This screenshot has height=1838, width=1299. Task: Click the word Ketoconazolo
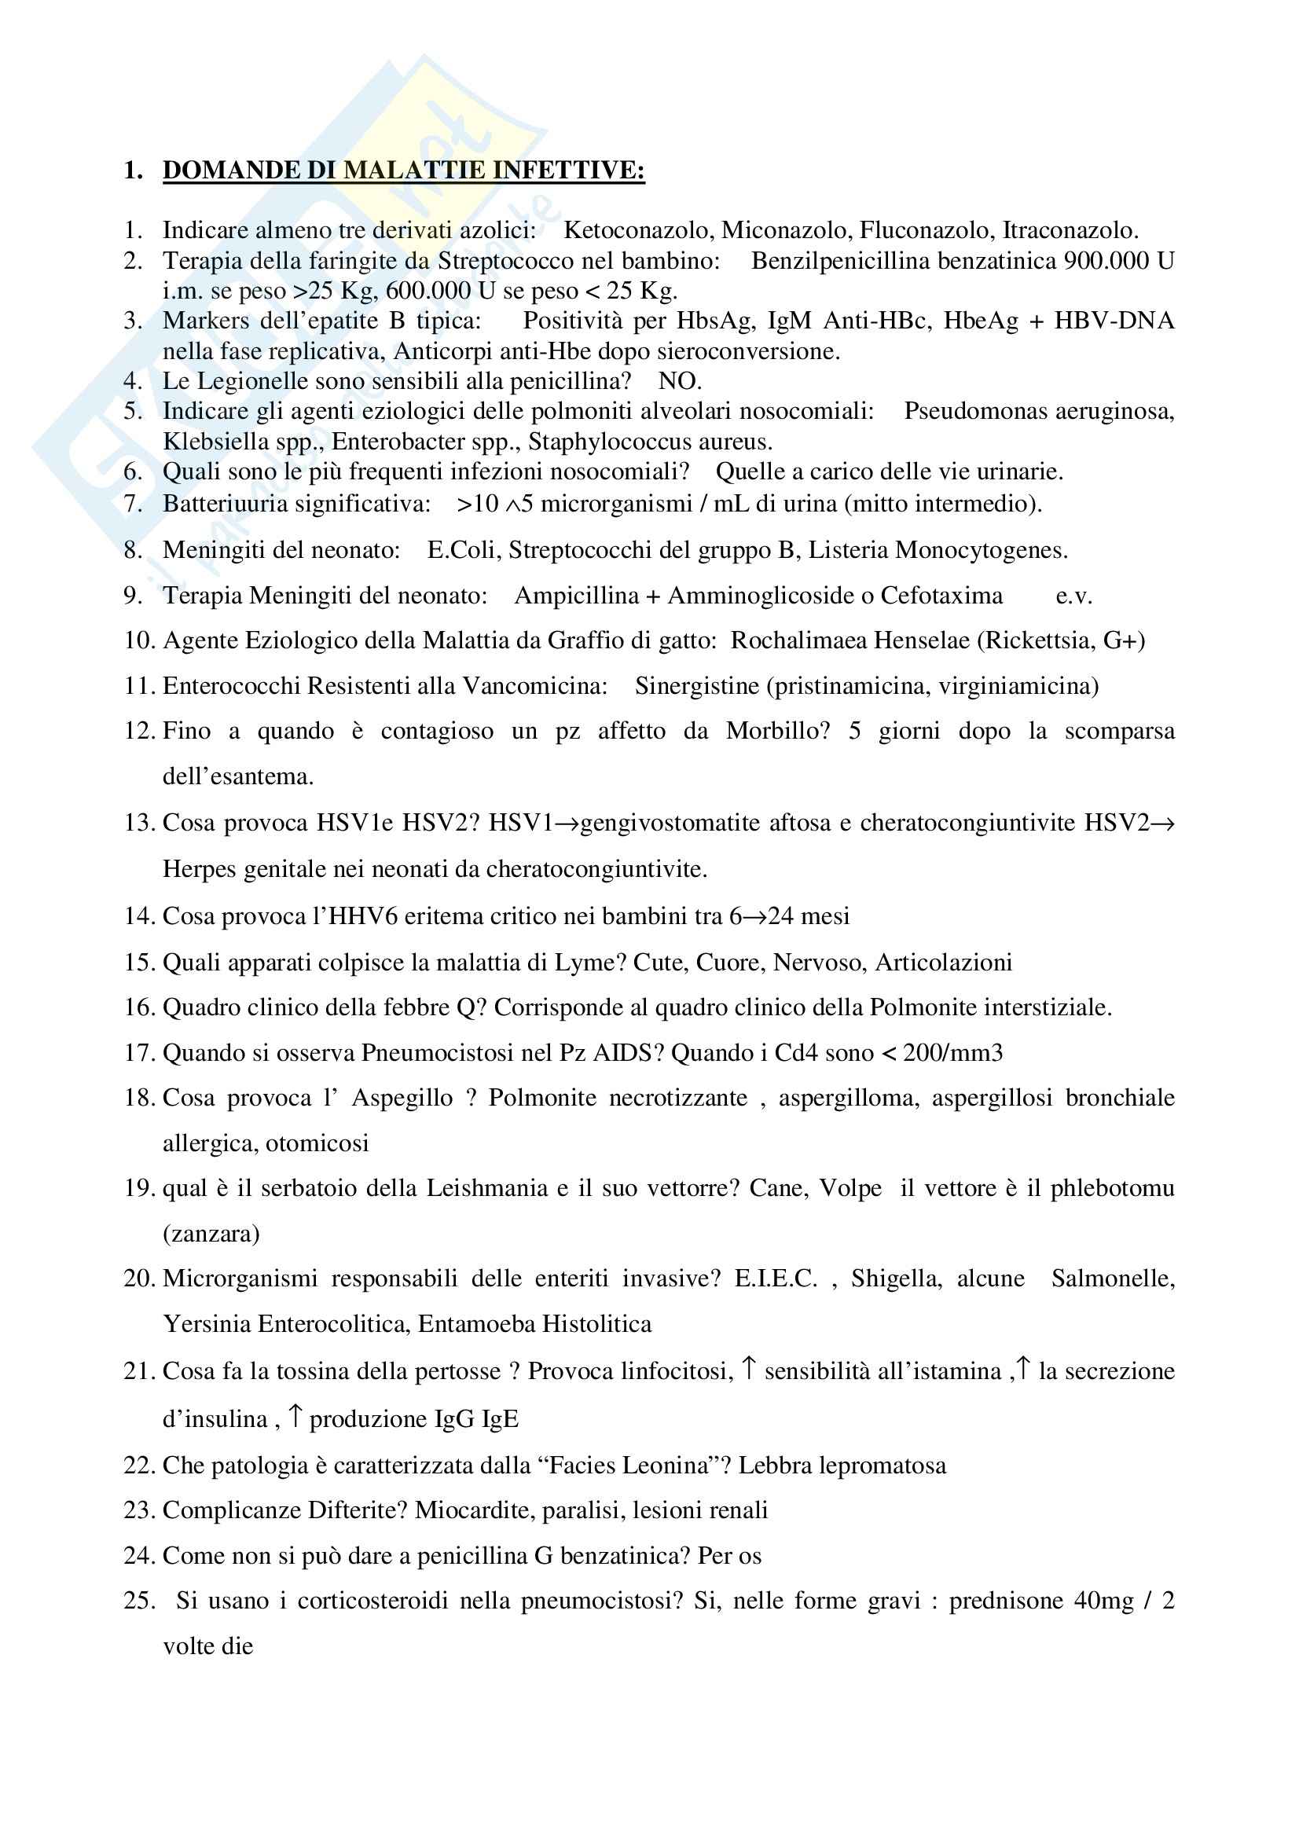pos(639,230)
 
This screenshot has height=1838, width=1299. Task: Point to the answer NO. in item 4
pos(680,381)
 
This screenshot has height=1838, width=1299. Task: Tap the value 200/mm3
pos(952,1053)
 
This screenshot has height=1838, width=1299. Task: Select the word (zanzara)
pos(211,1234)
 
